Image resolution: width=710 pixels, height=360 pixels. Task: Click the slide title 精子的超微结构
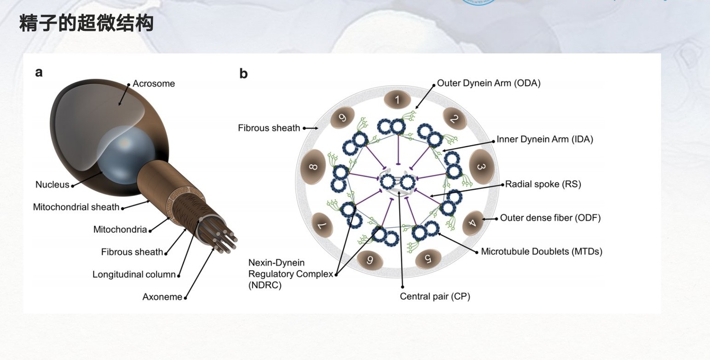(x=86, y=23)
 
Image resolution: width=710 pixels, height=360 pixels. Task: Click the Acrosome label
(x=154, y=84)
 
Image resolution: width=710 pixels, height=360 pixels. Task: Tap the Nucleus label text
(x=52, y=185)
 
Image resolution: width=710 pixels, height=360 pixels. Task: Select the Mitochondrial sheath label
(x=76, y=207)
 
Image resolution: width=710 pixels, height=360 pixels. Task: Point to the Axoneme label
(x=162, y=297)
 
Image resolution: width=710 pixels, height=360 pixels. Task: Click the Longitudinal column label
(x=134, y=275)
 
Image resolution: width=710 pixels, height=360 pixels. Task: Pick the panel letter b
(x=243, y=74)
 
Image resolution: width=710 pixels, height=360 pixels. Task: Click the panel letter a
(x=39, y=72)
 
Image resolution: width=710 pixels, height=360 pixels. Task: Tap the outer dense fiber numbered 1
(x=398, y=100)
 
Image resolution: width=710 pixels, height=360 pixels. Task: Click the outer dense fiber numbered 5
(x=428, y=259)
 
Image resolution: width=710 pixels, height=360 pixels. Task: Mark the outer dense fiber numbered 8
(x=313, y=166)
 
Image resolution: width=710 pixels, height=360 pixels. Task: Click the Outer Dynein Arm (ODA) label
(x=489, y=83)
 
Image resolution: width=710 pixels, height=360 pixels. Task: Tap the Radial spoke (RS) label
(x=543, y=184)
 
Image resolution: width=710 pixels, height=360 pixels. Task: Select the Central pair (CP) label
(x=435, y=296)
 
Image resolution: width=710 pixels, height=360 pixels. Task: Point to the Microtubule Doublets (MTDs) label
(x=542, y=251)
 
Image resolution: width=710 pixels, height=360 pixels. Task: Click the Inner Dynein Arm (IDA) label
(x=545, y=139)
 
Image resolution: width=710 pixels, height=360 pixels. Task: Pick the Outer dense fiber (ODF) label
(x=550, y=218)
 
